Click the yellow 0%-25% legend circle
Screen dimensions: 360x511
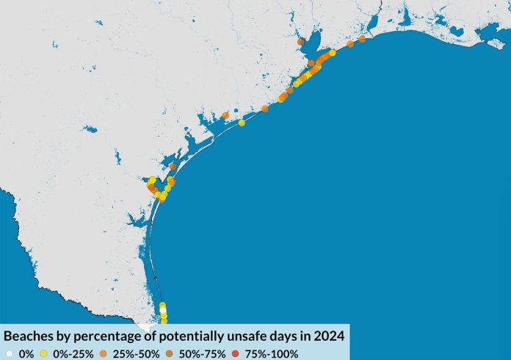pos(45,353)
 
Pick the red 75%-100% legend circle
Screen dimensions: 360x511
pos(236,353)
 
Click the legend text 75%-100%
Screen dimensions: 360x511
pos(272,353)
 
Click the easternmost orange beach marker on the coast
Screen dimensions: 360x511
pos(362,39)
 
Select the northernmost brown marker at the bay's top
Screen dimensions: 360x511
pos(301,43)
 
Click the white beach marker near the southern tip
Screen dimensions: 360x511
pos(163,311)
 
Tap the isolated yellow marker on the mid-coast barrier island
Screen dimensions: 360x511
pos(242,123)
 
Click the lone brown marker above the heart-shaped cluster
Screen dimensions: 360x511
pos(173,166)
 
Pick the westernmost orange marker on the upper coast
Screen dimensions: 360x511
pos(225,115)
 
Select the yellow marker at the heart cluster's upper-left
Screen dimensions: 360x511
pos(152,180)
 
